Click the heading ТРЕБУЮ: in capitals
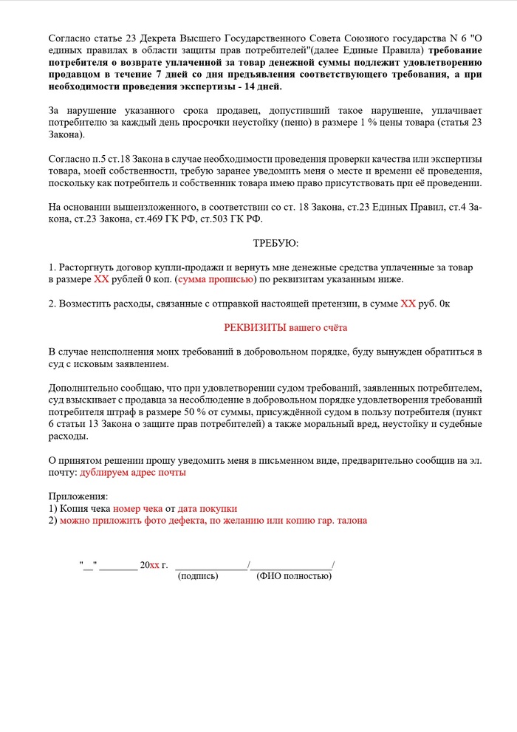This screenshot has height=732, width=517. [275, 242]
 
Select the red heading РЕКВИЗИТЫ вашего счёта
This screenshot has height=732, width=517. [285, 327]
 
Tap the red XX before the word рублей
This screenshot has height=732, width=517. [101, 279]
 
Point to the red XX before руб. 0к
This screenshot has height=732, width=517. [408, 303]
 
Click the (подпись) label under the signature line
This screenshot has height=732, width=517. [198, 575]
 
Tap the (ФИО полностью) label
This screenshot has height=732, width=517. [294, 575]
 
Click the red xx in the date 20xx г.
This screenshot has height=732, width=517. [154, 565]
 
